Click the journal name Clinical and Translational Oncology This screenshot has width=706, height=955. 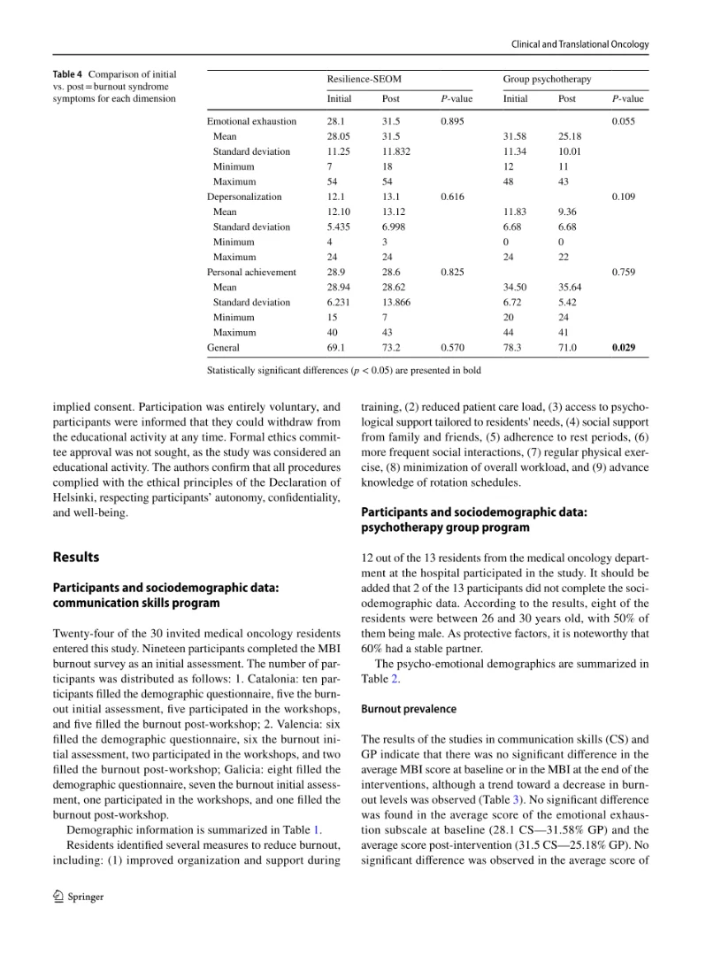[x=580, y=44]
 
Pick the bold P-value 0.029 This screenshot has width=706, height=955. [x=623, y=348]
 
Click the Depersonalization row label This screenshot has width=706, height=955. [x=244, y=196]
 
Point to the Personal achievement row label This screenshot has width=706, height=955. [x=251, y=272]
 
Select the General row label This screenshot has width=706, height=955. [x=223, y=348]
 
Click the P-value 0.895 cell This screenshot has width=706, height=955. [x=452, y=121]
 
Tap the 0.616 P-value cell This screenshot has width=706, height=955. [x=452, y=196]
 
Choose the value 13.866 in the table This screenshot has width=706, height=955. [x=396, y=302]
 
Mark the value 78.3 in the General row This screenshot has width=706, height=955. [x=512, y=348]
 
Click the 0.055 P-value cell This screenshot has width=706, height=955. [x=623, y=121]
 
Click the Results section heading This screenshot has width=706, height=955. [x=76, y=558]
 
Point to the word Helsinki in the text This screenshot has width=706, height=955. [x=77, y=498]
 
